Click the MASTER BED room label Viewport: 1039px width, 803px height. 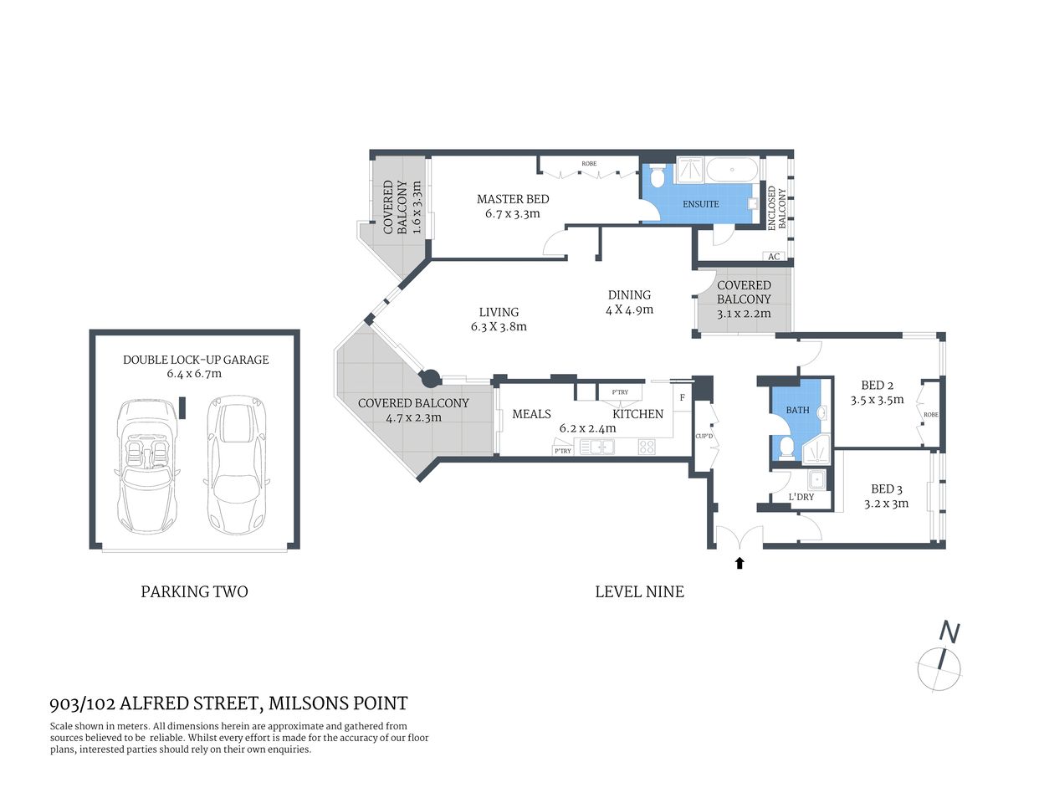coord(513,199)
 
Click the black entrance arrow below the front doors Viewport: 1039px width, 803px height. coord(739,563)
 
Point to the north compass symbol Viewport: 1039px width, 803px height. coord(940,667)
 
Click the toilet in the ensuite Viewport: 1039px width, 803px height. coord(658,177)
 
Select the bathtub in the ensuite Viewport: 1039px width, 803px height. coord(733,171)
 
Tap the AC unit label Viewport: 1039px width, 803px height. coord(774,256)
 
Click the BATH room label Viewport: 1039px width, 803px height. coord(797,410)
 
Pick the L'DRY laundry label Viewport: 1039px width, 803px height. coord(801,497)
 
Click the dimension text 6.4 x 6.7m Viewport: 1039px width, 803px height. coord(194,374)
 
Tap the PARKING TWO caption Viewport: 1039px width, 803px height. coord(194,591)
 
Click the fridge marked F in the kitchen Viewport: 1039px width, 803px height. coord(683,397)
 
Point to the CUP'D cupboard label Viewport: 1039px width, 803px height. coord(704,436)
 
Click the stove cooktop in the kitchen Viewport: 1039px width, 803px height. coord(646,447)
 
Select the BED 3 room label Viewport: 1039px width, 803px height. coord(886,489)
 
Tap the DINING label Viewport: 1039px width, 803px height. coord(629,294)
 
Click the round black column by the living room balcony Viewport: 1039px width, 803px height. coord(430,379)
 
